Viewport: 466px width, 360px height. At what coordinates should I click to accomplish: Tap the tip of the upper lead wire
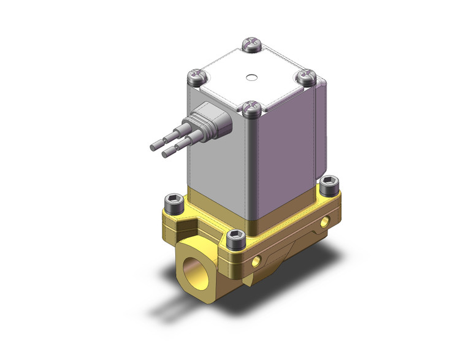154,147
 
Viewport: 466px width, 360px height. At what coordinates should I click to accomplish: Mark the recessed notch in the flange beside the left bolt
184,223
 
